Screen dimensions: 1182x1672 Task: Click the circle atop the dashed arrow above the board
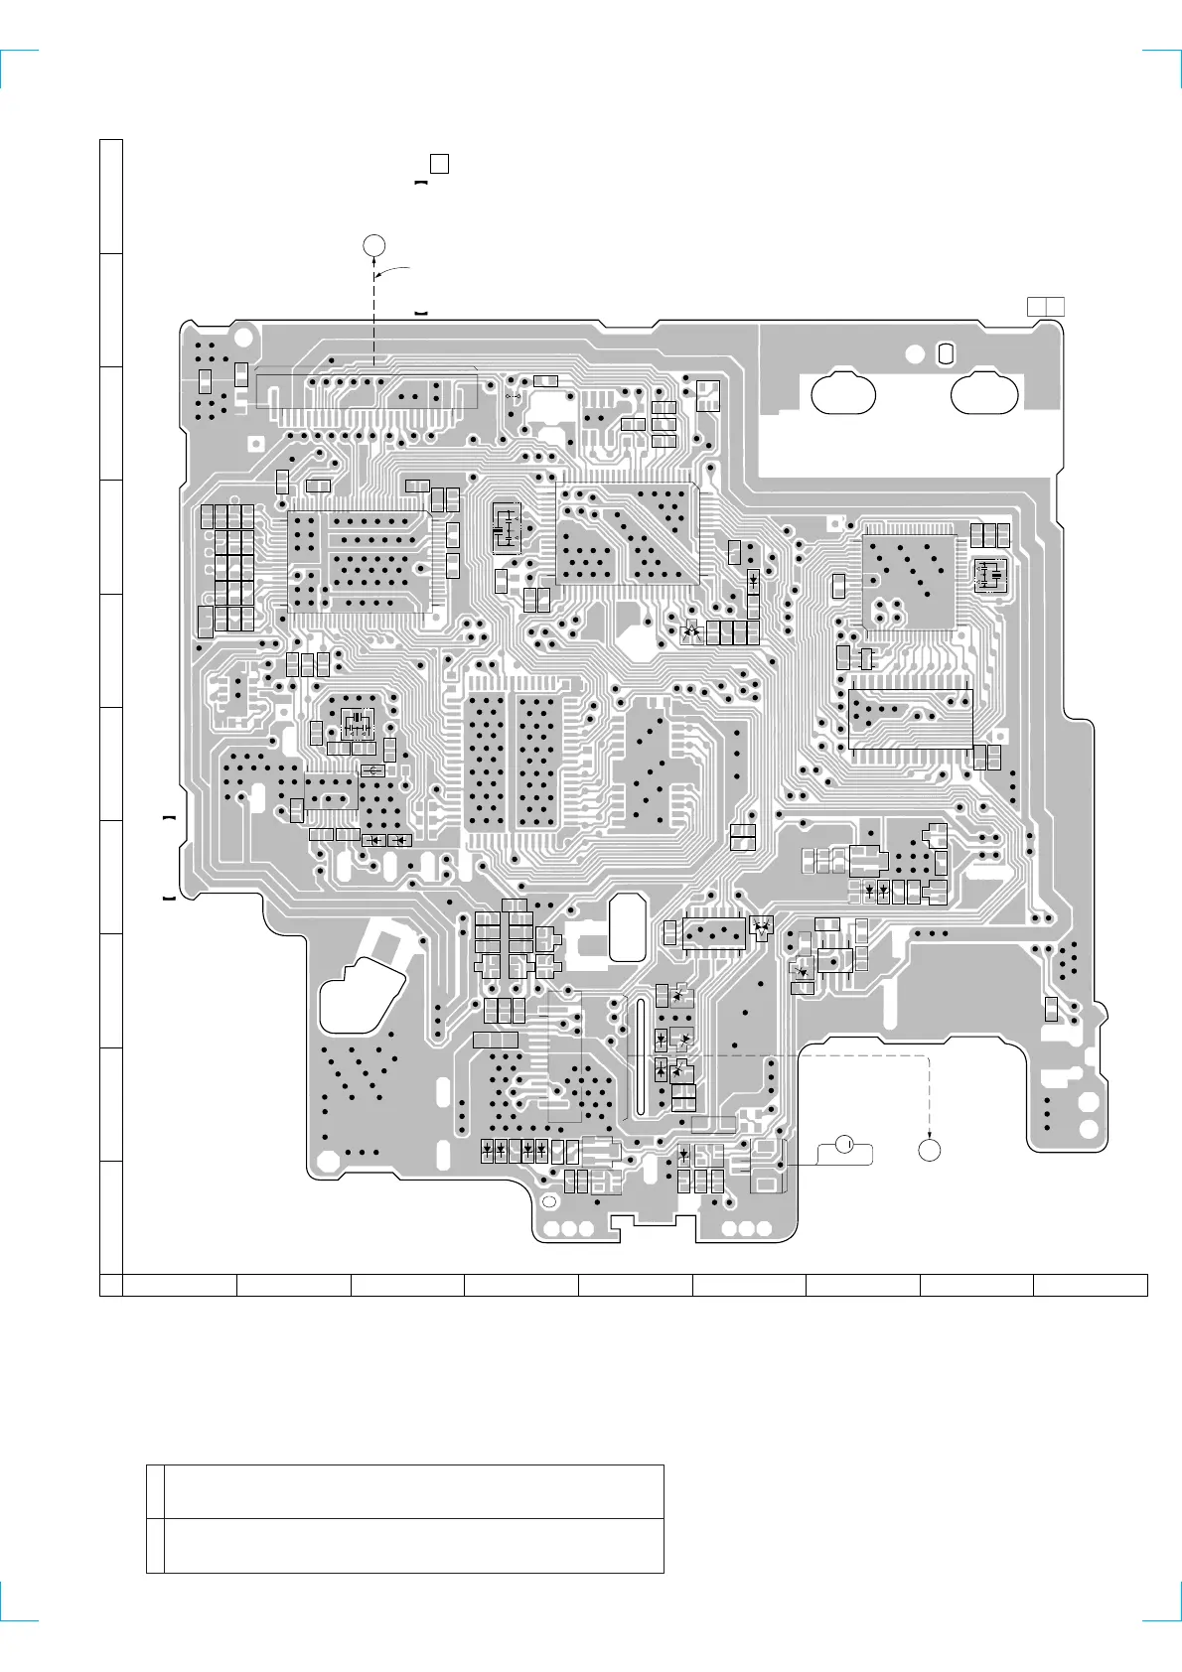(373, 246)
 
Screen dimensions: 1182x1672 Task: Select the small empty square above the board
(439, 164)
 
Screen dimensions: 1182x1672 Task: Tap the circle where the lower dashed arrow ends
(929, 1149)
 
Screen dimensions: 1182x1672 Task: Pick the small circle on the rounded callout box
(844, 1144)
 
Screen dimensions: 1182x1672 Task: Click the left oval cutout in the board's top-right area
(843, 393)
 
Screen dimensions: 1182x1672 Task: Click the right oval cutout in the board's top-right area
(984, 393)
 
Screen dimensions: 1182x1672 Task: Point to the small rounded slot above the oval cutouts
(946, 352)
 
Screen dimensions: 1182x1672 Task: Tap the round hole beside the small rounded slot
(916, 354)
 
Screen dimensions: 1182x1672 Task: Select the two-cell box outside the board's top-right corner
(1046, 306)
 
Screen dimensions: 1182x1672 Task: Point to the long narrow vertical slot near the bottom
(639, 1056)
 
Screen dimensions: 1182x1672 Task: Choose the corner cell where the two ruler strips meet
(110, 1285)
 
